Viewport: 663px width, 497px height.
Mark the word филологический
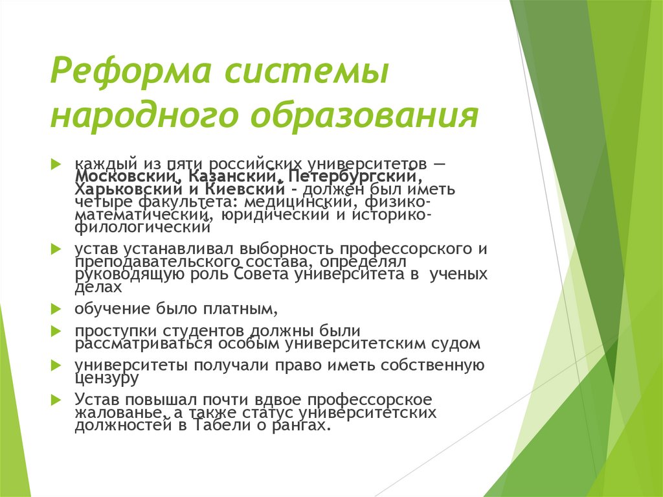[x=142, y=226]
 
